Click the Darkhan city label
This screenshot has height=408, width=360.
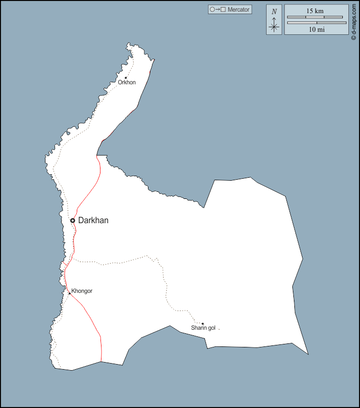(x=93, y=221)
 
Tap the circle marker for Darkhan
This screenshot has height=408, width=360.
(x=73, y=221)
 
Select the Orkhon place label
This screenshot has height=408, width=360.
(x=127, y=83)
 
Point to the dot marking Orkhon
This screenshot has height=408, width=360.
(x=126, y=78)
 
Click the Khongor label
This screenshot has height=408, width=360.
(x=82, y=291)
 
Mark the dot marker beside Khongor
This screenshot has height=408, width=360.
(x=70, y=293)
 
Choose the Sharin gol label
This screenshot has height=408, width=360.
(x=203, y=328)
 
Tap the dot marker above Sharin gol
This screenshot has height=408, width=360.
(x=202, y=324)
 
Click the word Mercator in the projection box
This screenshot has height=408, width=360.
(x=238, y=10)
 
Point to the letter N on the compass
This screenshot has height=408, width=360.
(x=274, y=12)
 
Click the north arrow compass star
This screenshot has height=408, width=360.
(x=274, y=26)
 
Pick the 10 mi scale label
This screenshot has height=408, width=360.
(x=317, y=30)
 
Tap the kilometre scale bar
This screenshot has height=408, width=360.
(x=317, y=17)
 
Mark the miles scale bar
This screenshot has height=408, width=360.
(x=317, y=23)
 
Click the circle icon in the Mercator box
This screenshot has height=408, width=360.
(x=213, y=10)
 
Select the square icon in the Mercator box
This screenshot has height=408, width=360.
(x=223, y=10)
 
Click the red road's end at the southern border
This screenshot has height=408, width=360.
(x=101, y=361)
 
